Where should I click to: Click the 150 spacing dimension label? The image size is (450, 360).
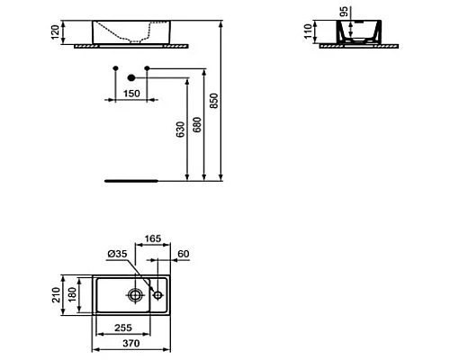(130, 93)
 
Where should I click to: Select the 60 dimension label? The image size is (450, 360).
(184, 256)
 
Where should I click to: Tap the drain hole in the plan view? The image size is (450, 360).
(136, 294)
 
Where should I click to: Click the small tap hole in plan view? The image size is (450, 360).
(157, 294)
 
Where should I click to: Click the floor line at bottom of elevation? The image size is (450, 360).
(131, 179)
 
